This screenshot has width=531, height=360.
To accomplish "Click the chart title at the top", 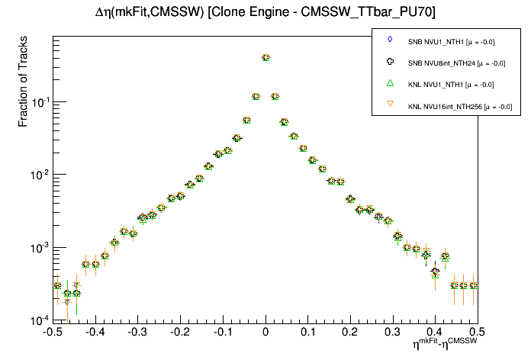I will click(265, 11).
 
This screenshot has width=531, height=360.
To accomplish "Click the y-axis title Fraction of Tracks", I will click(24, 87).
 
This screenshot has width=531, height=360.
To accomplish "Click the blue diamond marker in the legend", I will click(389, 39).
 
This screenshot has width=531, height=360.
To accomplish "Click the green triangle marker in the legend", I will click(389, 83).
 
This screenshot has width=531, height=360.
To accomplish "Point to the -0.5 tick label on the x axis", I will click(52, 333).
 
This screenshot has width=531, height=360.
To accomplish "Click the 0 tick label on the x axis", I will click(265, 333).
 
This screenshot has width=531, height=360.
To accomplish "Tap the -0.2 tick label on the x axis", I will click(179, 333).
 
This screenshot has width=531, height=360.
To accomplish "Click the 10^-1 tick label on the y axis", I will click(37, 102).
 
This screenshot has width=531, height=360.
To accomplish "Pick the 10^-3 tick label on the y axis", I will click(37, 248).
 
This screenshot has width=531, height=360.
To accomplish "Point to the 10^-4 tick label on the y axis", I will click(37, 320).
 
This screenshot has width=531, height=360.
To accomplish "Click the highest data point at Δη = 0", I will click(265, 57).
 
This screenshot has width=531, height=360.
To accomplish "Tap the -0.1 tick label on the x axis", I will click(222, 333).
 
